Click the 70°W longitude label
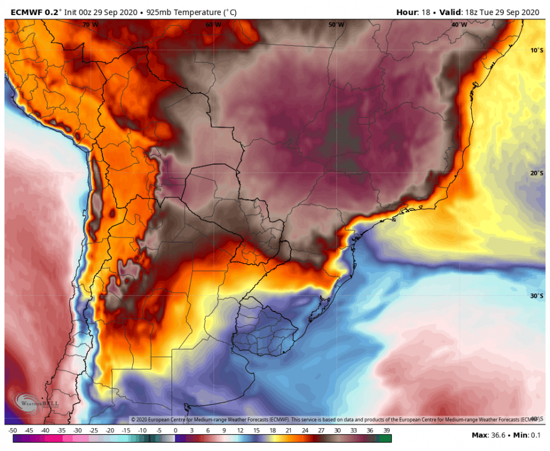click(90, 25)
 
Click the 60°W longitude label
click(213, 25)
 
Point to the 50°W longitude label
click(336, 25)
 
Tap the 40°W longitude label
click(459, 25)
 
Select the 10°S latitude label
click(537, 51)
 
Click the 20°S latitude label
click(537, 173)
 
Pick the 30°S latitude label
click(537, 296)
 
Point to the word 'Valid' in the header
click(451, 11)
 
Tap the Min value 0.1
click(536, 435)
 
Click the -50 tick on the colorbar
click(12, 431)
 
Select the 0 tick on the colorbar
click(175, 431)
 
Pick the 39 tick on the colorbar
click(386, 431)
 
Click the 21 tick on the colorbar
click(289, 431)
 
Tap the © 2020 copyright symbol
click(134, 419)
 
